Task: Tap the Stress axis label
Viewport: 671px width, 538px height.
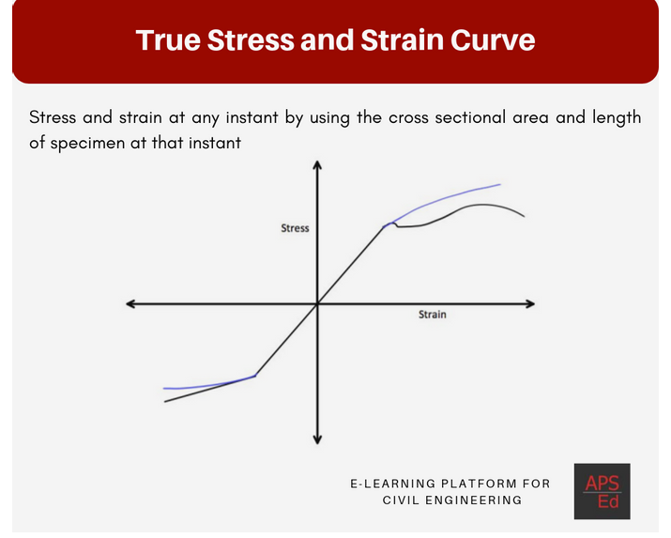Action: click(295, 228)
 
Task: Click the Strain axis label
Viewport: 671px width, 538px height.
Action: click(433, 315)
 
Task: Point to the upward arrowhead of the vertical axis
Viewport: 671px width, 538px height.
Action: click(317, 165)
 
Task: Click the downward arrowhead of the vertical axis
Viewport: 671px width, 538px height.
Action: click(317, 439)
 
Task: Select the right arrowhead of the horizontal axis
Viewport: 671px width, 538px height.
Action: click(531, 303)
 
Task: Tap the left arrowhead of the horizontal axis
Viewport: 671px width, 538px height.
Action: click(130, 303)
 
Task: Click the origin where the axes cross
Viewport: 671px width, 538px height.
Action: click(317, 303)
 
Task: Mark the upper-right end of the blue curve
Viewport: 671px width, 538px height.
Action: click(500, 185)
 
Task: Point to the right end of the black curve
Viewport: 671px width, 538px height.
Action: click(524, 217)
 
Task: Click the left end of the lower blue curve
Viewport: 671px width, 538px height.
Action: click(164, 388)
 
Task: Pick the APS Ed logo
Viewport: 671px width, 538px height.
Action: click(602, 491)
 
